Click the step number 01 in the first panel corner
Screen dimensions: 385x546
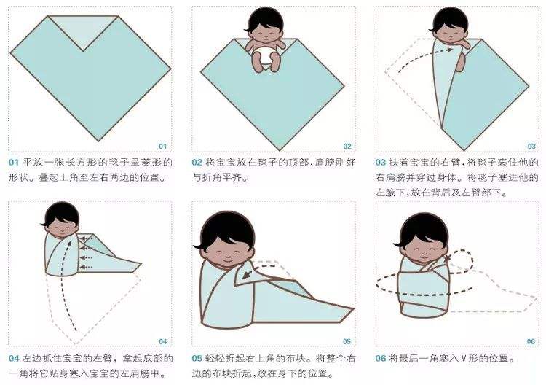click(162, 146)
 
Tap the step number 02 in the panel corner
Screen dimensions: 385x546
click(347, 146)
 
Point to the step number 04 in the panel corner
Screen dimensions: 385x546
click(162, 341)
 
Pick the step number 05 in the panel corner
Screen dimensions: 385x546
click(347, 341)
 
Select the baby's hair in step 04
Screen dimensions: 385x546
click(60, 211)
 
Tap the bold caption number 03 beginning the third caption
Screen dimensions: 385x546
click(381, 162)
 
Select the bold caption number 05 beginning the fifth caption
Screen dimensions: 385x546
click(197, 359)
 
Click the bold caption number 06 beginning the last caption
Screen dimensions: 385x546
click(381, 359)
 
